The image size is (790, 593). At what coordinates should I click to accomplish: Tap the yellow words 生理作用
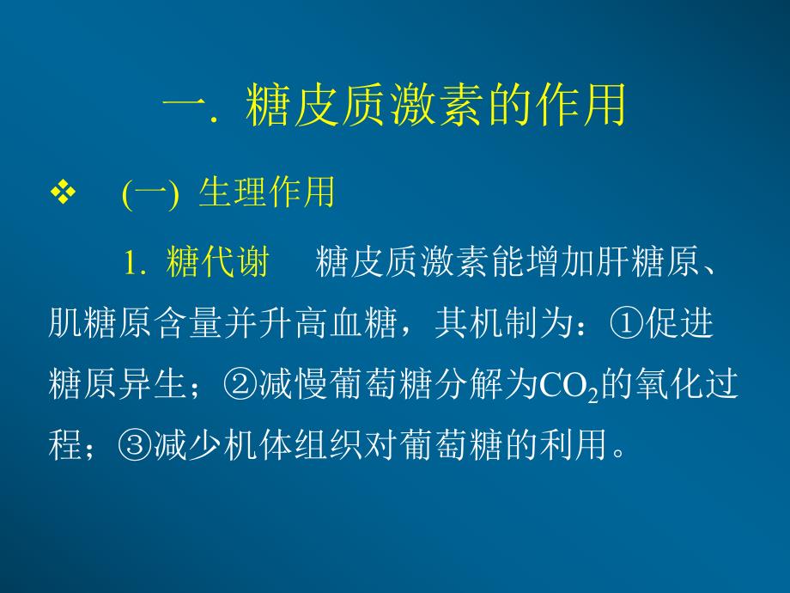click(266, 194)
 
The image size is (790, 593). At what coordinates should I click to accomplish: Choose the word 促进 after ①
click(681, 325)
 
